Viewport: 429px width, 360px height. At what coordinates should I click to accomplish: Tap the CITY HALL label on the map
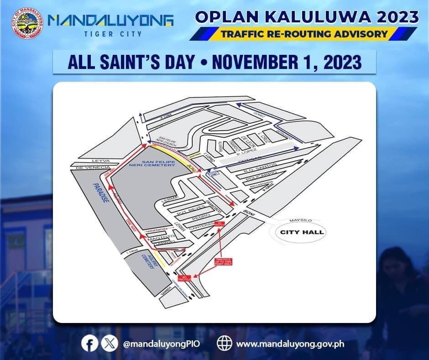pos(302,232)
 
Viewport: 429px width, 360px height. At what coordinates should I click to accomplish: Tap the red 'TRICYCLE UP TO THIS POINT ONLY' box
pos(223,262)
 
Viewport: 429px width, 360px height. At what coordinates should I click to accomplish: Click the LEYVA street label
pos(99,161)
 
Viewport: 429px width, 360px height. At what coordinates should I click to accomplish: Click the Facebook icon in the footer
pos(90,343)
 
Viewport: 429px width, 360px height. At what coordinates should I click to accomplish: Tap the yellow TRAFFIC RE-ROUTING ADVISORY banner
pos(304,34)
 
